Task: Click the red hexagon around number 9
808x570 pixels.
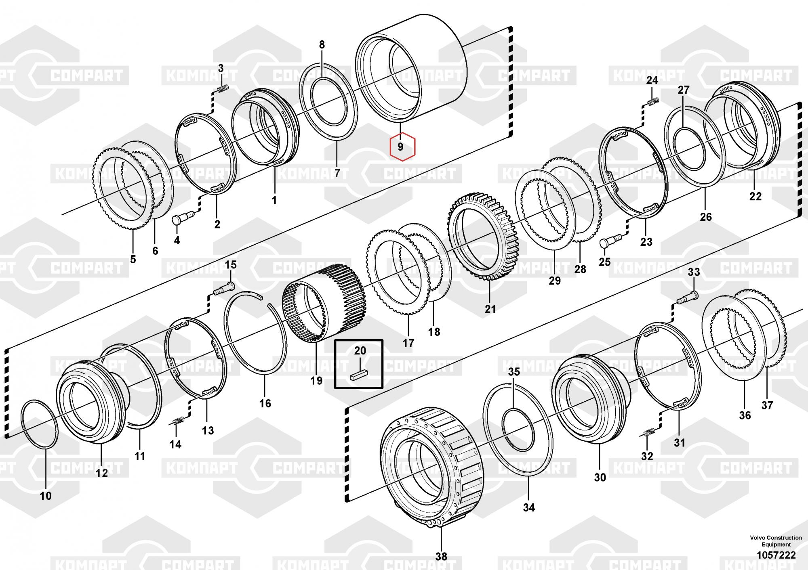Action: pos(402,147)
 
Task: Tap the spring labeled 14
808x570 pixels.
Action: pos(177,421)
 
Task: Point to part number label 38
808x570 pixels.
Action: pos(441,556)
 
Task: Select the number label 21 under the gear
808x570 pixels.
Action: pos(490,309)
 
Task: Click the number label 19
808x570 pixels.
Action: pos(316,380)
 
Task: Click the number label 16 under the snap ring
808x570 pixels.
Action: pos(265,403)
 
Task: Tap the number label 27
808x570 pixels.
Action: pos(683,90)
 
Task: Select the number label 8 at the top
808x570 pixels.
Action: pos(322,45)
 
